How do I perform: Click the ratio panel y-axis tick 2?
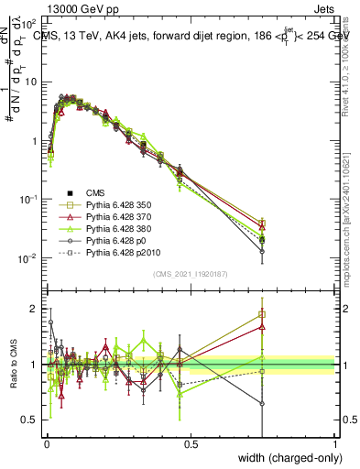[x=36, y=309]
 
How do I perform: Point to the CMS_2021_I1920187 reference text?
[x=190, y=274]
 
